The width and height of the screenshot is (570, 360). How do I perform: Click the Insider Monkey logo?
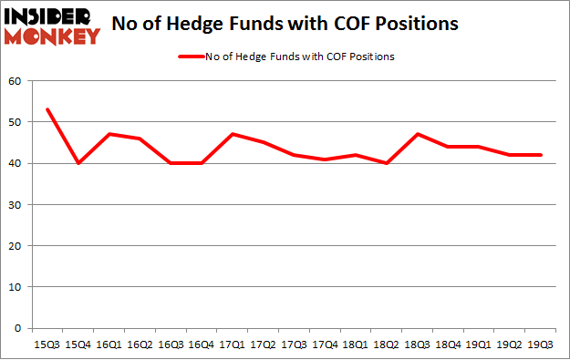(x=52, y=26)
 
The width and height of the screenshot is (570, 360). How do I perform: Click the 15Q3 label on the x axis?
(x=47, y=345)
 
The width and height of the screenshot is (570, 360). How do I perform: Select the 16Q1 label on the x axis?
(x=109, y=345)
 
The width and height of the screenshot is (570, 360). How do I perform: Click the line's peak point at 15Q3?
(x=47, y=109)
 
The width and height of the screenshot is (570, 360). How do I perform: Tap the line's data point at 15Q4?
(x=78, y=163)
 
